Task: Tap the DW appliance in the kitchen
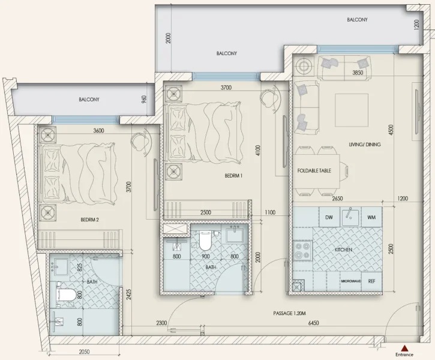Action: (x=329, y=217)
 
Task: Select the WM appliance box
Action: (x=371, y=217)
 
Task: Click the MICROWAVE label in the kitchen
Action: (x=351, y=281)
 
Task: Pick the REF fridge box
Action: (x=372, y=281)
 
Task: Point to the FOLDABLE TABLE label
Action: (x=314, y=171)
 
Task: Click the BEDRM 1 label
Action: (x=233, y=176)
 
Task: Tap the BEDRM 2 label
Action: (x=89, y=220)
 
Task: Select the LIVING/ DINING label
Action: (x=364, y=145)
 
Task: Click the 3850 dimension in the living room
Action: (x=358, y=73)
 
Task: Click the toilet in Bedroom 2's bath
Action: (x=65, y=295)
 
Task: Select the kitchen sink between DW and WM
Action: (x=350, y=217)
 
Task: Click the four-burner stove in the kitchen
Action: (x=302, y=250)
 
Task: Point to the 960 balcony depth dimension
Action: (x=144, y=100)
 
